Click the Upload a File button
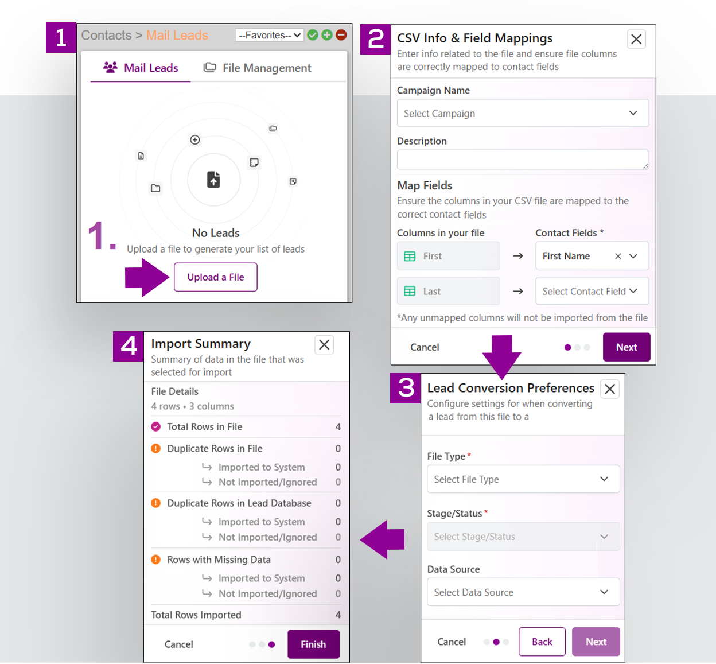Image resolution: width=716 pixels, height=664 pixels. [215, 277]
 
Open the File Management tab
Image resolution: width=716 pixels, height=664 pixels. [258, 68]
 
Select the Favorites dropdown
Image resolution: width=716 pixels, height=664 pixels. [269, 36]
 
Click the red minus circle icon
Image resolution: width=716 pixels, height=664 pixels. [341, 35]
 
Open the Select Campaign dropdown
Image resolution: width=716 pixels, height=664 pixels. [522, 114]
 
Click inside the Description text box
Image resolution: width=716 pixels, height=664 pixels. [522, 160]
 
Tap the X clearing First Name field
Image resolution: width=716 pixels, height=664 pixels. [618, 257]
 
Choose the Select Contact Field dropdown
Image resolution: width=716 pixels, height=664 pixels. [591, 292]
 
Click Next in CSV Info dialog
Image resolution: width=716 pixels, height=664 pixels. [626, 347]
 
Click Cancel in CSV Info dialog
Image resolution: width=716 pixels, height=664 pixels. [425, 347]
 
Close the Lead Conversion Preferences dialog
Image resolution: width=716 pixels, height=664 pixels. [610, 389]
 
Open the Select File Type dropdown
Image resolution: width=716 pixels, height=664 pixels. [523, 479]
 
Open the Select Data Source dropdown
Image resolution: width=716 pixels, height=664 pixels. [523, 592]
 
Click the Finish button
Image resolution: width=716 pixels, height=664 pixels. [313, 644]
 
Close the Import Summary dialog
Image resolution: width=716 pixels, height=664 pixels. [324, 345]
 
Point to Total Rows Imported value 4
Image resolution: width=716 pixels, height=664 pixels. [338, 615]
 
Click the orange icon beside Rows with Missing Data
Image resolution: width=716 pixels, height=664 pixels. [156, 560]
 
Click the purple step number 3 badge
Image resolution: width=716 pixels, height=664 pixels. [406, 389]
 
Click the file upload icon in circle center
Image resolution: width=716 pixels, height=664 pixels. [213, 180]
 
